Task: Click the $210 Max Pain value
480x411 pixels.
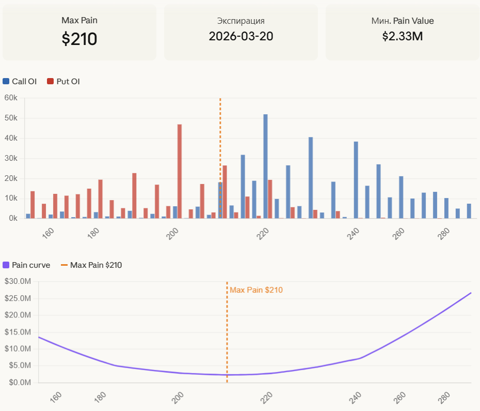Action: (x=79, y=39)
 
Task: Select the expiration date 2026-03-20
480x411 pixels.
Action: (x=241, y=36)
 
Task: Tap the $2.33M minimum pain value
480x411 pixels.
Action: (x=403, y=36)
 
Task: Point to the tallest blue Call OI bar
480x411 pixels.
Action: (x=265, y=165)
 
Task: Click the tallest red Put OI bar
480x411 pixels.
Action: (x=180, y=171)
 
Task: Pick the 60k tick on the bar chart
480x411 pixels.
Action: (x=11, y=98)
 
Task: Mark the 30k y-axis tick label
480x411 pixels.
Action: (x=11, y=158)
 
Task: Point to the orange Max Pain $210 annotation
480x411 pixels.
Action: (x=256, y=290)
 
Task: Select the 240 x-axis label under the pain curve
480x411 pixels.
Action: (x=355, y=397)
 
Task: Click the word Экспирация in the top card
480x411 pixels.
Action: (x=241, y=21)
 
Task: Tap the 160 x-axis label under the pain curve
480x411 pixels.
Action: (x=56, y=397)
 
